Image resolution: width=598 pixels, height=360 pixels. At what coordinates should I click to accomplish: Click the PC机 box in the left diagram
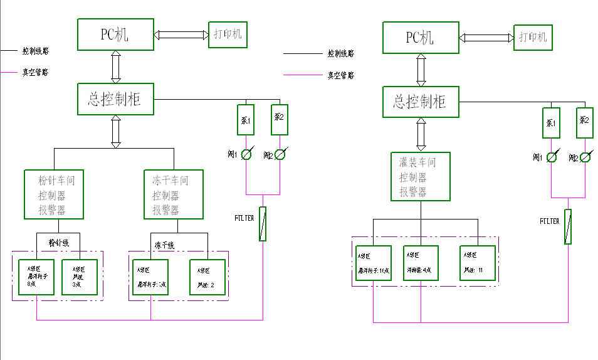pyautogui.click(x=115, y=34)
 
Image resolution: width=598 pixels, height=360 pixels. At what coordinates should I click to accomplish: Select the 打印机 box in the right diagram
pyautogui.click(x=533, y=37)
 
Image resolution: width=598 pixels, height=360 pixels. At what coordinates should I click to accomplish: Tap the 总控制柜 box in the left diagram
pyautogui.click(x=115, y=99)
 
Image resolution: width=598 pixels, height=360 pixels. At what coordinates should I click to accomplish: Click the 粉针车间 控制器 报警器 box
pyautogui.click(x=54, y=194)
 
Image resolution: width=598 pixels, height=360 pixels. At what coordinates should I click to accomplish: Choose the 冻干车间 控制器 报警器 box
pyautogui.click(x=174, y=194)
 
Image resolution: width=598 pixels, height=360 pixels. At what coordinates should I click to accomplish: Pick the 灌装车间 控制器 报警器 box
pyautogui.click(x=421, y=177)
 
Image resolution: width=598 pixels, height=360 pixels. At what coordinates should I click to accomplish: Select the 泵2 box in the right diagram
pyautogui.click(x=584, y=123)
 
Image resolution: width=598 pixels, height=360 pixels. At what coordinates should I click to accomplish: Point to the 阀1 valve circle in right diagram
pyautogui.click(x=552, y=157)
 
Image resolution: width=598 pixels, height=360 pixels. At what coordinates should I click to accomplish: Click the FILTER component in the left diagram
pyautogui.click(x=263, y=224)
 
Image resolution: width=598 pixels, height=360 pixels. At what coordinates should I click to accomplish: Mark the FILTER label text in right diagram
pyautogui.click(x=550, y=221)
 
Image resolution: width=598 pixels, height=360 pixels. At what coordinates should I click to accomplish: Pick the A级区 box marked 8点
pyautogui.click(x=36, y=277)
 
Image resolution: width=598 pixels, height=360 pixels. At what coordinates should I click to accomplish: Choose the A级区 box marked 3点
pyautogui.click(x=80, y=277)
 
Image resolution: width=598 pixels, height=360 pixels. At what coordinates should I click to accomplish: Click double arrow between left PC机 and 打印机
pyautogui.click(x=181, y=35)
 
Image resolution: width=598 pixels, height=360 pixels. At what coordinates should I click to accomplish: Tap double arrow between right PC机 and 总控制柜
pyautogui.click(x=421, y=70)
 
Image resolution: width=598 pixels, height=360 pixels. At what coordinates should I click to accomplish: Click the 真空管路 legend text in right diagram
pyautogui.click(x=340, y=75)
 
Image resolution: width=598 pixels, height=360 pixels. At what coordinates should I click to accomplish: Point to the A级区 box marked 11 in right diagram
pyautogui.click(x=478, y=263)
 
